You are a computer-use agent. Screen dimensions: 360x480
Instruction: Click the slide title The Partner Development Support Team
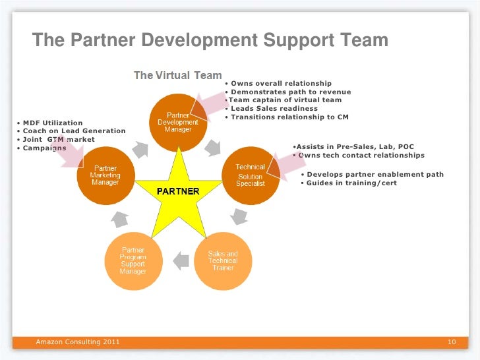click(x=210, y=41)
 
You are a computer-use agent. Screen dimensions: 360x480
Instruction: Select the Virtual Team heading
click(x=178, y=76)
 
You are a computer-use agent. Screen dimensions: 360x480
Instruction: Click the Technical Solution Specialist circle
click(x=251, y=175)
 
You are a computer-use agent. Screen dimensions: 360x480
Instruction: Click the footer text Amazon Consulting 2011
click(x=78, y=342)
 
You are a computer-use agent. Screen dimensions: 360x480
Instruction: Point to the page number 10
click(x=452, y=342)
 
